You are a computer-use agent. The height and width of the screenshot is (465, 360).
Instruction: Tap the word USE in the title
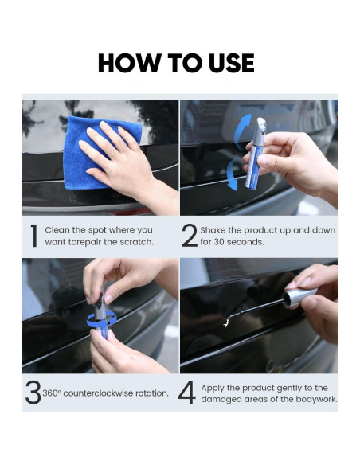click(231, 63)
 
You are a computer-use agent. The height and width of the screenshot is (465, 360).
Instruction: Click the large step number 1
click(34, 236)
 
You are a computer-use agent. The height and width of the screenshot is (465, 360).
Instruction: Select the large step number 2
click(190, 236)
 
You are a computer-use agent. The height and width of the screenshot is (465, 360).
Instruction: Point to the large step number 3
click(33, 393)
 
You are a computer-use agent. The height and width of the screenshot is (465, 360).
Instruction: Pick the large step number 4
click(187, 393)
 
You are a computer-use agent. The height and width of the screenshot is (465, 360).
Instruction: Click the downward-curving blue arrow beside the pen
click(233, 174)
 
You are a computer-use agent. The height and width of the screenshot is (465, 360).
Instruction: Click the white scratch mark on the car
click(227, 322)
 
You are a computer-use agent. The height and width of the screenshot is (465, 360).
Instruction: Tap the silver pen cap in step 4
click(299, 297)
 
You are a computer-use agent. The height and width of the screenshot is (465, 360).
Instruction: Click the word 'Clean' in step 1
click(57, 230)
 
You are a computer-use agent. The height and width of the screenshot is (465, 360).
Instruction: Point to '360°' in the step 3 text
click(52, 393)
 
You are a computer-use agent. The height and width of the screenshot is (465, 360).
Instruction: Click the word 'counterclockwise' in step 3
click(98, 393)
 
